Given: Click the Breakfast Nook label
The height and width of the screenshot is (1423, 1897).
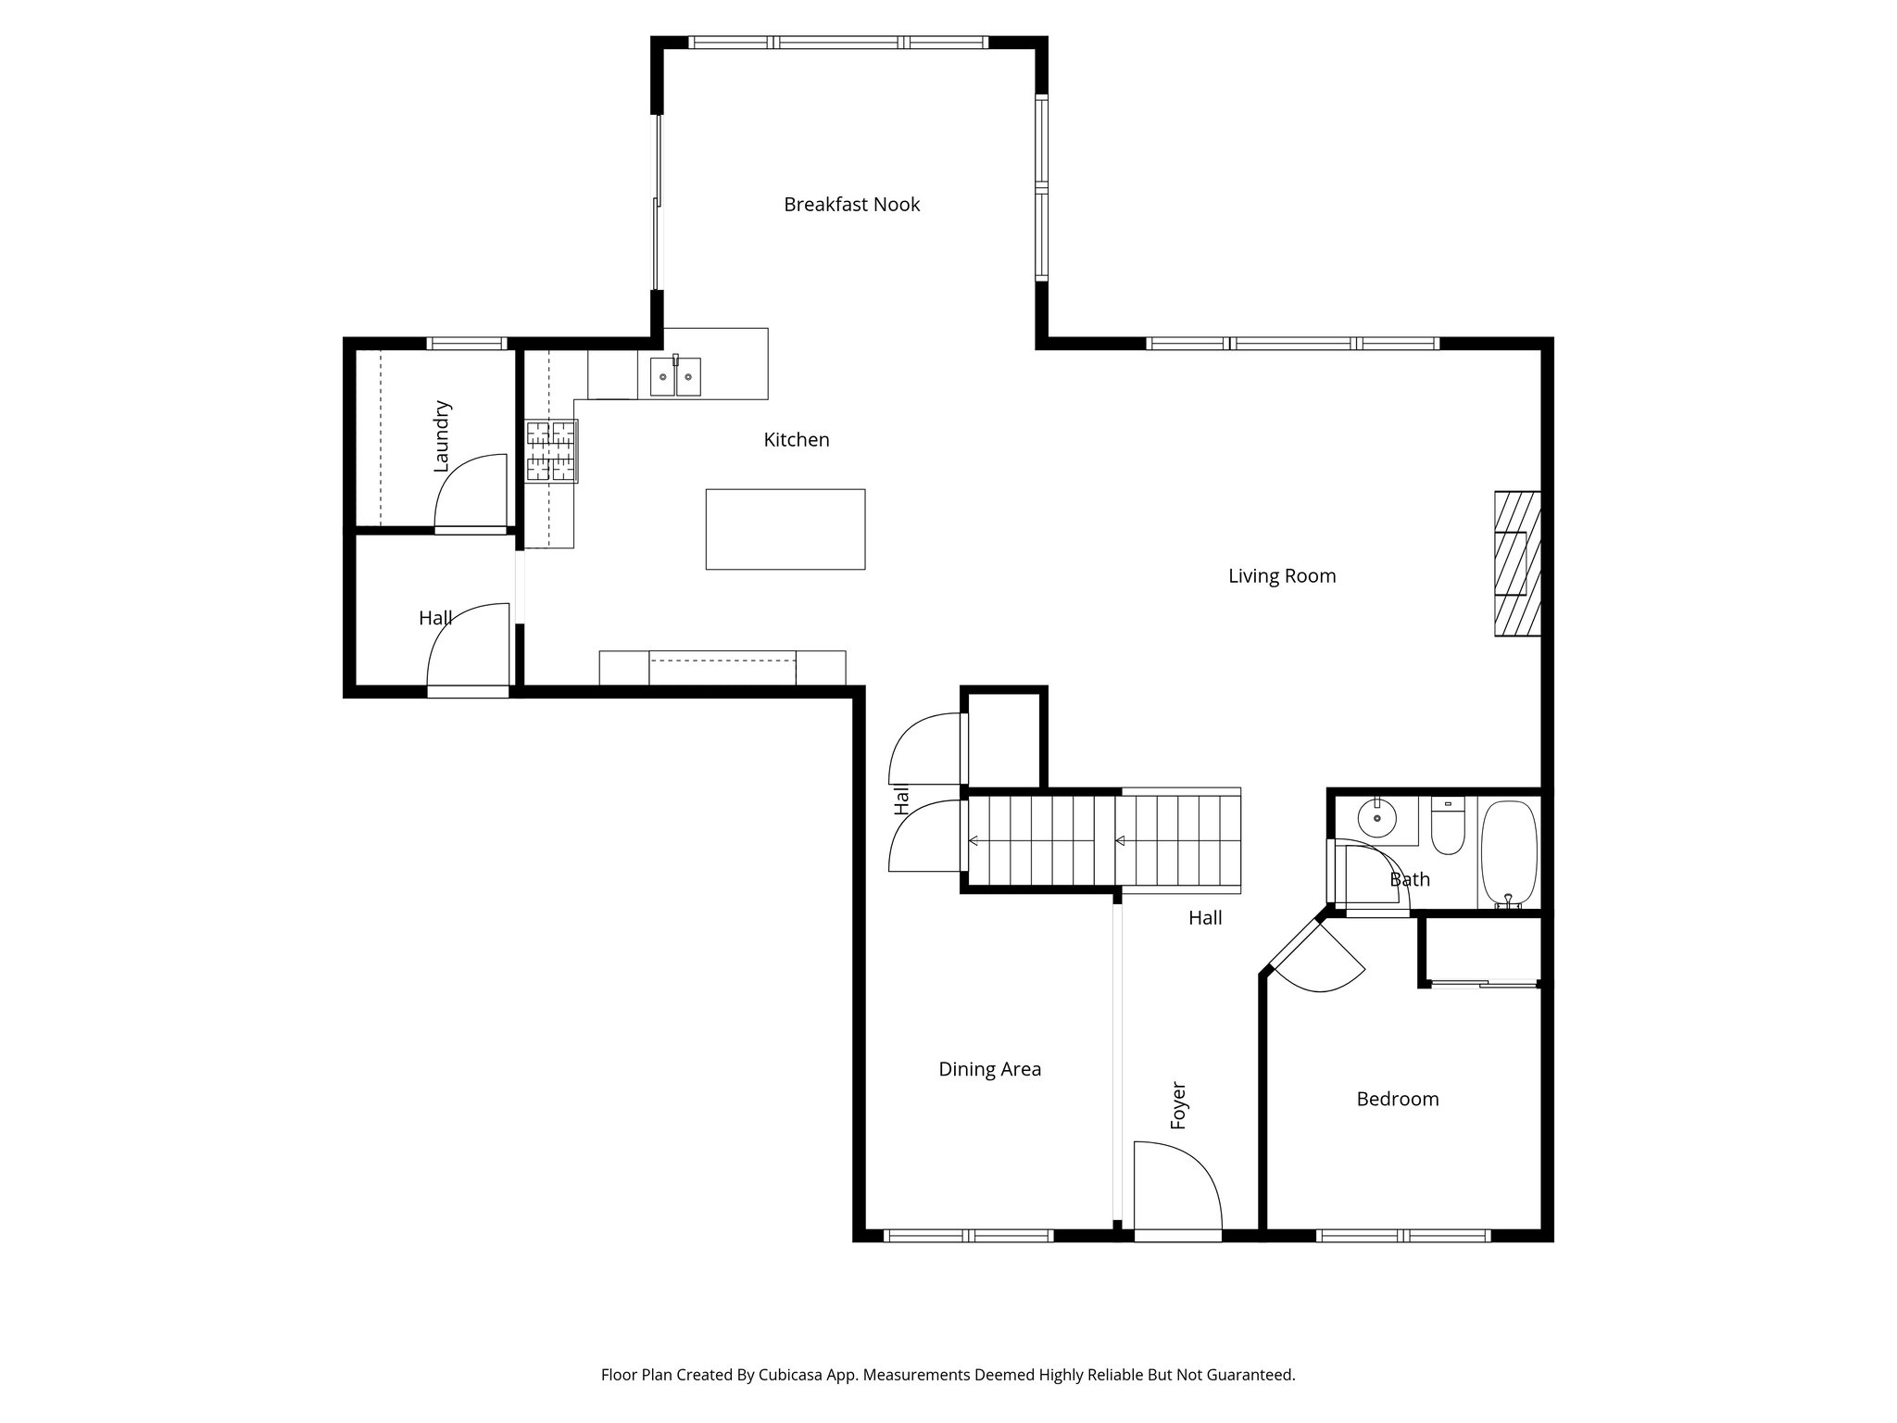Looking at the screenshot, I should tap(851, 204).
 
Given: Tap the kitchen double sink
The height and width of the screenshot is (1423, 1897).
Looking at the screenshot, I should tap(675, 376).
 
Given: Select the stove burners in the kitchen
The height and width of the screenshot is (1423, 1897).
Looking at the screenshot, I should tap(552, 451).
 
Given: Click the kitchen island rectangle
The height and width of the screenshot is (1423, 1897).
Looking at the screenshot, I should tap(785, 529).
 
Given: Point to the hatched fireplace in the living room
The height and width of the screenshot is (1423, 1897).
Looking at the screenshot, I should tap(1516, 563).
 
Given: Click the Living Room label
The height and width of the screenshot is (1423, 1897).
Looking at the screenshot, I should tap(1281, 576).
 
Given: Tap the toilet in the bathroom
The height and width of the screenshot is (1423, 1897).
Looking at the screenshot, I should tap(1447, 826).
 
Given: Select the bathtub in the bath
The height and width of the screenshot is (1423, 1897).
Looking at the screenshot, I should tap(1509, 853).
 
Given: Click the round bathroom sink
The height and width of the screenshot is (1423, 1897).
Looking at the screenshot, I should tap(1377, 818).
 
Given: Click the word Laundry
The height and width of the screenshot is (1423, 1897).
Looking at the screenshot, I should tap(442, 435).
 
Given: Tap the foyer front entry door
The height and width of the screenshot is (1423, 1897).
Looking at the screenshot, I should tap(1176, 1191).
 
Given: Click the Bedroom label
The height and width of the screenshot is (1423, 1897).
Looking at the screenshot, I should tap(1397, 1100).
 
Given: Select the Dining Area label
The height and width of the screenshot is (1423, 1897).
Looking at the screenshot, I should tap(989, 1069).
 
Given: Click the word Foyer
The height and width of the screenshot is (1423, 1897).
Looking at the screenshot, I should tap(1178, 1104).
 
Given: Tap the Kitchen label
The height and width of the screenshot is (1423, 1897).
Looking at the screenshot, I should tap(796, 440).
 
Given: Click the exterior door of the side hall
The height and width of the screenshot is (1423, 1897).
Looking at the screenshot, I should tap(468, 690).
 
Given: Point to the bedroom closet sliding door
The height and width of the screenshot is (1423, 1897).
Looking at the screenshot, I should tap(1483, 984).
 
